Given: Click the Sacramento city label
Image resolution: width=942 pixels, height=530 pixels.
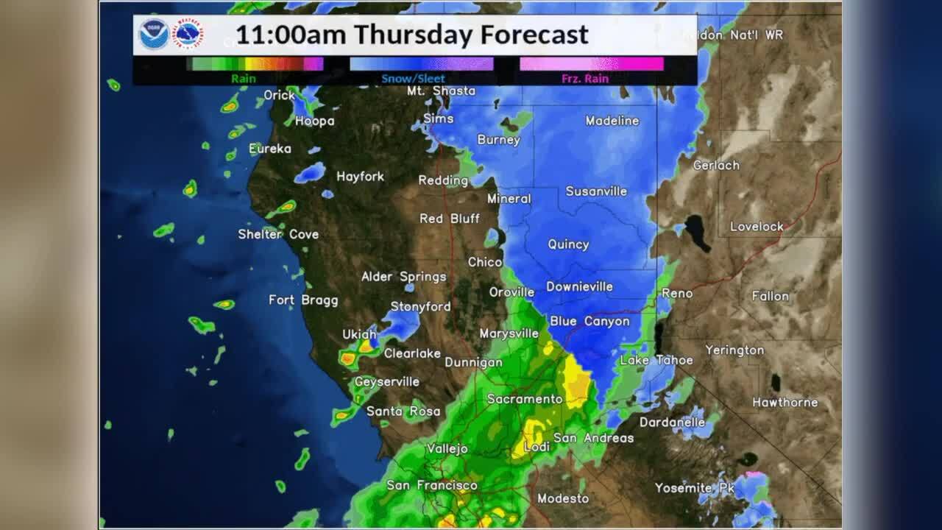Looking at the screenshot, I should pos(525,399).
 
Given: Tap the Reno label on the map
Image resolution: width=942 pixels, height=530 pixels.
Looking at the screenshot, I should pos(677,293).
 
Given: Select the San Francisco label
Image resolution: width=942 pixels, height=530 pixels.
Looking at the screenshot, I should pos(432,485).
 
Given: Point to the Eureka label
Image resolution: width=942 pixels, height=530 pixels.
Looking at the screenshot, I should pos(270,149).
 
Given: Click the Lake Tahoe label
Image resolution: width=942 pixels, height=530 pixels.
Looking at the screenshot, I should pos(656,360).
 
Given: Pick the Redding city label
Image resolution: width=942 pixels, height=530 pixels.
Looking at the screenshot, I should pos(443,180).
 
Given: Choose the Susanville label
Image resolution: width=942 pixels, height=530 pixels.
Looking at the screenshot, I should pos(596,191).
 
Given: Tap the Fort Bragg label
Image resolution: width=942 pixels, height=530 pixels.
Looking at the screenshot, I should pos(303,300).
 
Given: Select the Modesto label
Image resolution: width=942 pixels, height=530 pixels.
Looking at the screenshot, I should pos(563,498).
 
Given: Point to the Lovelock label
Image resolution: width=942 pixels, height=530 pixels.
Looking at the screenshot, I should pos(757,227).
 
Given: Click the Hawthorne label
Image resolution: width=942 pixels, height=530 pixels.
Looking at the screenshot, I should pos(785,402).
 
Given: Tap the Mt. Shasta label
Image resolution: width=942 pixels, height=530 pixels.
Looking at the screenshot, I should pos(442,91).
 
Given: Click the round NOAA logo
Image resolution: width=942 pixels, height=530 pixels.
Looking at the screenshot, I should pos(155,35).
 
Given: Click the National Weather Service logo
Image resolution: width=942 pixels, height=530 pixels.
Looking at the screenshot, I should pos(188,35).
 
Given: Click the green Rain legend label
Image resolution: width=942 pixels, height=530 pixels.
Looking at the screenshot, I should pos(244,79).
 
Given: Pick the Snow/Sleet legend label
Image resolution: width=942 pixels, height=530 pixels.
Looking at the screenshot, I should pos(413,79).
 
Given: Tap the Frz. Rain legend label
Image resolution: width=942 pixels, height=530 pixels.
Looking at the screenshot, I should pos(585,79).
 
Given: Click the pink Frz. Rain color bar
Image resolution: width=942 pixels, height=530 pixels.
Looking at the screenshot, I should pos(592,64).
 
